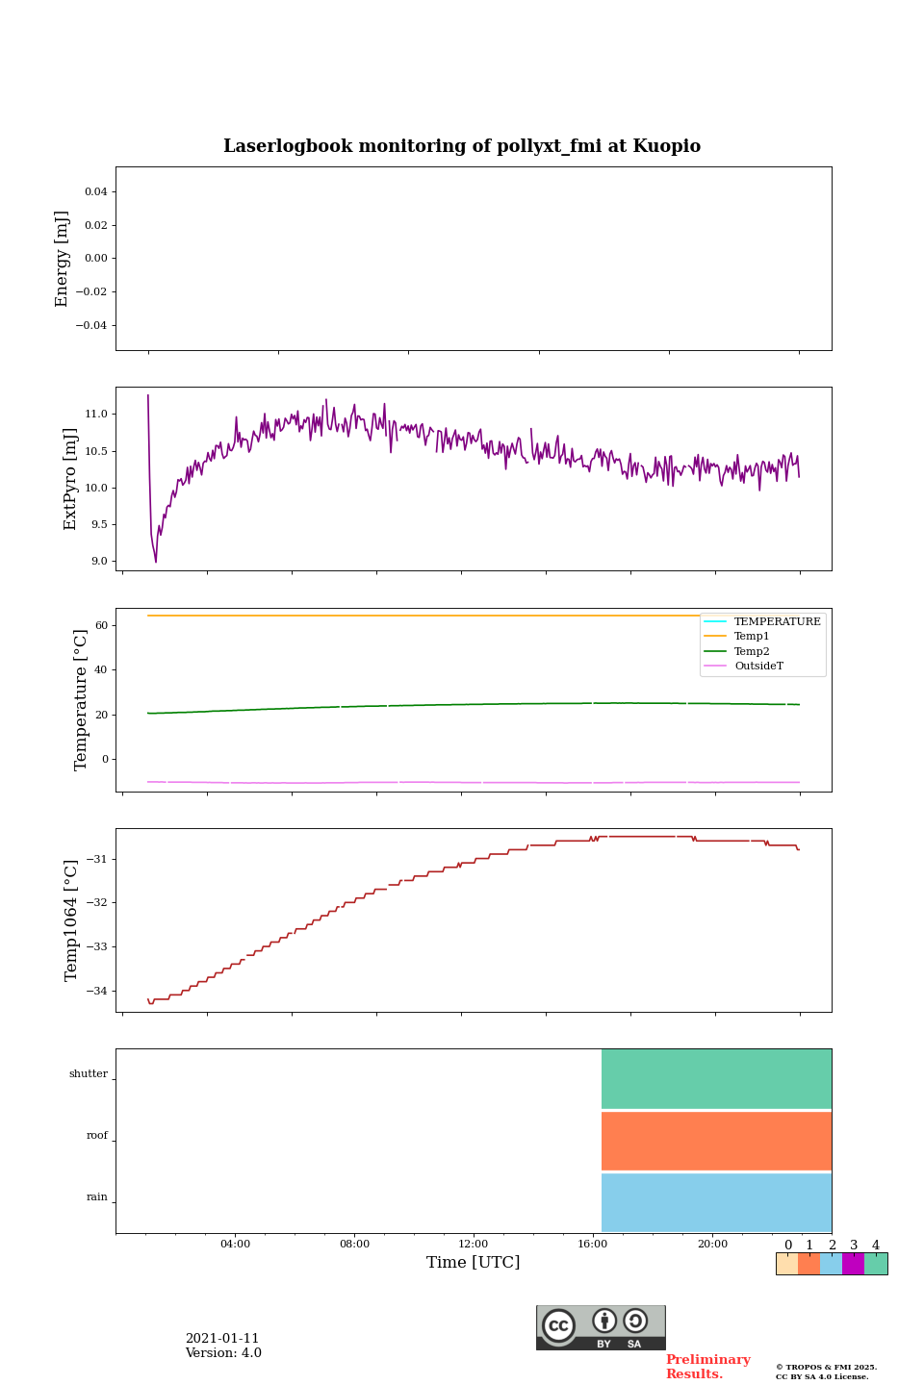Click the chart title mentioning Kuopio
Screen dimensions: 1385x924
pos(462,146)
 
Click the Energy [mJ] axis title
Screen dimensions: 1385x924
pos(63,259)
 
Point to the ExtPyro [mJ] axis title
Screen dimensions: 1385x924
pos(70,479)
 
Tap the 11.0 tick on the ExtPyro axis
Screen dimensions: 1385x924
pos(96,415)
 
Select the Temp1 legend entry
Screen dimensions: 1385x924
pos(752,637)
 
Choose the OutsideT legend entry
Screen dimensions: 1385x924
pos(758,667)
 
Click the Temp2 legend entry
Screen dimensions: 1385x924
pos(752,652)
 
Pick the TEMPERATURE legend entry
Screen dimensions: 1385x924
pos(777,622)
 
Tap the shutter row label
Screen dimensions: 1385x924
pos(89,1074)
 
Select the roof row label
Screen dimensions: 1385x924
pos(97,1136)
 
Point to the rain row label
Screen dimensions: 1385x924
pos(97,1197)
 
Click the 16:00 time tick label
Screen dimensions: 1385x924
pos(593,1245)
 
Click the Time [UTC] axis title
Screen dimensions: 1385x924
pos(474,1263)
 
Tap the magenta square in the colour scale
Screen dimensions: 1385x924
pos(853,1264)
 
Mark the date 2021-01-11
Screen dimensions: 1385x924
pos(222,1339)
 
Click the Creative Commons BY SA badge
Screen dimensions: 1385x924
pos(601,1327)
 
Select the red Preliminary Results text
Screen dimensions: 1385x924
pos(707,1367)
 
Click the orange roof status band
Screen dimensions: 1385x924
pos(716,1141)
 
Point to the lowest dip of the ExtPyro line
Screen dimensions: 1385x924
pos(156,562)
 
